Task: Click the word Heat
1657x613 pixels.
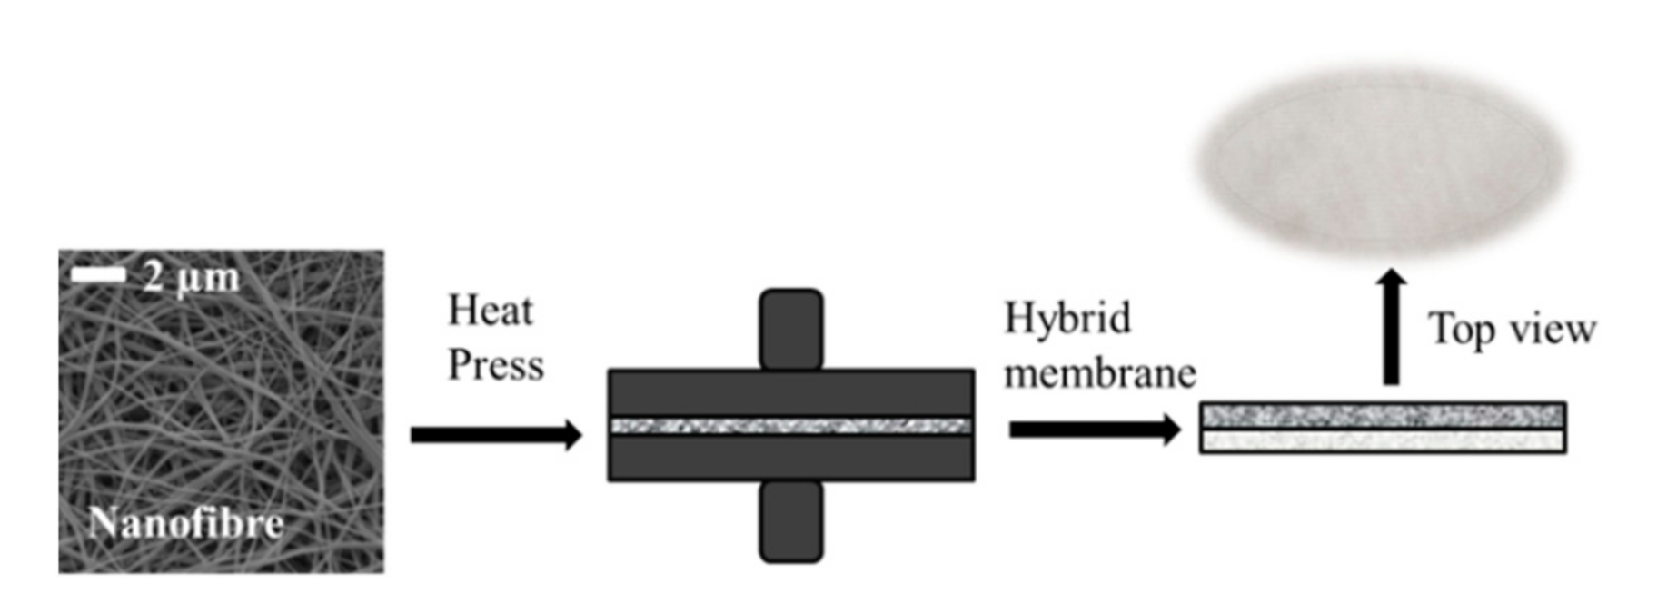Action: pyautogui.click(x=490, y=311)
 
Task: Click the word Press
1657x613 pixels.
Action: pyautogui.click(x=495, y=366)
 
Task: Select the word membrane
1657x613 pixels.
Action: pyautogui.click(x=1099, y=373)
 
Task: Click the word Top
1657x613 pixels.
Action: pyautogui.click(x=1461, y=330)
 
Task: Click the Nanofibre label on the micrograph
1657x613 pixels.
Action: pyautogui.click(x=186, y=523)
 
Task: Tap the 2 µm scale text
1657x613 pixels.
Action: pyautogui.click(x=191, y=277)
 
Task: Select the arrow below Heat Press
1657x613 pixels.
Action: pyautogui.click(x=495, y=435)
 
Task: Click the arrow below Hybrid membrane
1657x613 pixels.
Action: pyautogui.click(x=1094, y=430)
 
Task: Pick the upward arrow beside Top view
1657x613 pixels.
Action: pyautogui.click(x=1390, y=327)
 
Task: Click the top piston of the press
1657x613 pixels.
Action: pyautogui.click(x=790, y=328)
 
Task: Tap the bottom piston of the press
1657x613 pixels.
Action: pyautogui.click(x=790, y=521)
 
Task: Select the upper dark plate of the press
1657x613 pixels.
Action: pyautogui.click(x=790, y=392)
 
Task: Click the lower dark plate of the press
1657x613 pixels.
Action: pyautogui.click(x=790, y=458)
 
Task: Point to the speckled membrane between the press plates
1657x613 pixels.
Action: pyautogui.click(x=790, y=426)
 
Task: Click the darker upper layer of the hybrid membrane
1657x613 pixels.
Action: pyautogui.click(x=1382, y=416)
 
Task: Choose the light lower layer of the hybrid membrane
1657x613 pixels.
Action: pyautogui.click(x=1382, y=440)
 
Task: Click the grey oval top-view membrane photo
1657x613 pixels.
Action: pyautogui.click(x=1381, y=162)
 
